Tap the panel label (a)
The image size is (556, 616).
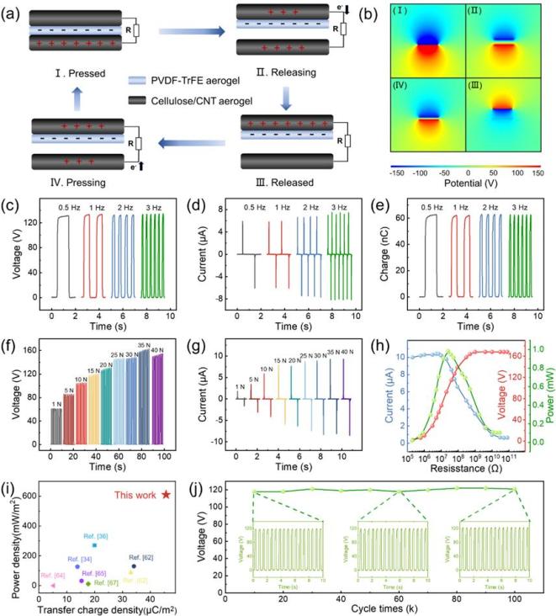[15, 11]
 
